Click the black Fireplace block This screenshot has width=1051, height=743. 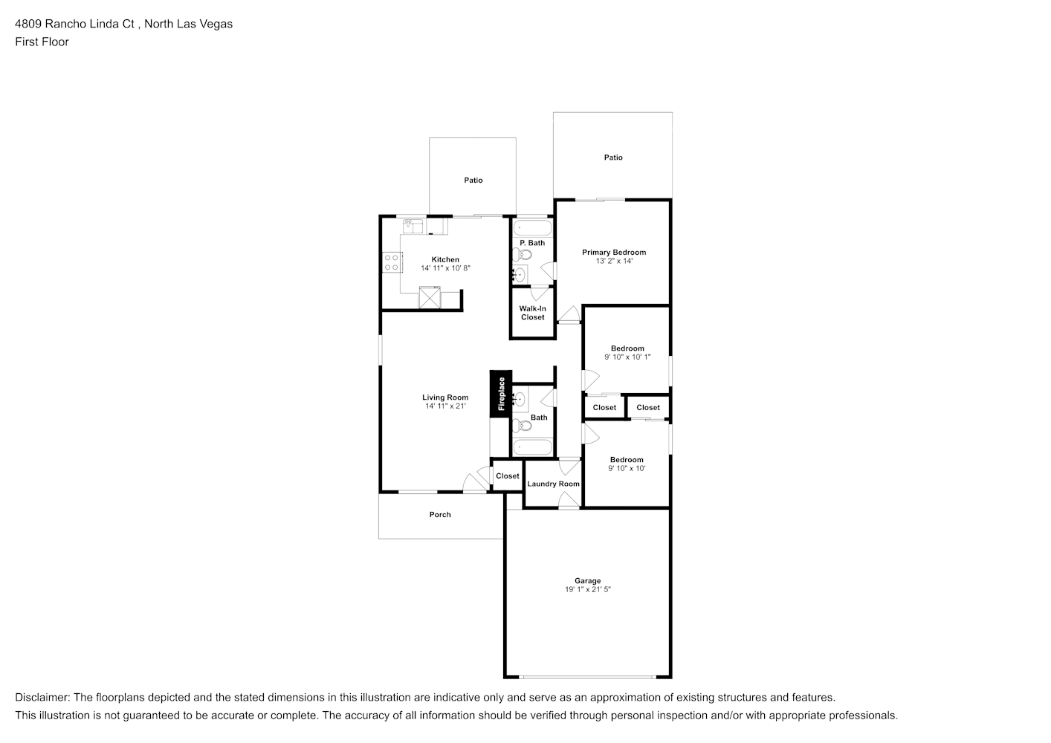pyautogui.click(x=501, y=394)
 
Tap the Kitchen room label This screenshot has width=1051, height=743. pyautogui.click(x=445, y=259)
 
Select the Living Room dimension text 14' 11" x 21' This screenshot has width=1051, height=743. pyautogui.click(x=445, y=406)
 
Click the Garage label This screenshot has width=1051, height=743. pyautogui.click(x=587, y=581)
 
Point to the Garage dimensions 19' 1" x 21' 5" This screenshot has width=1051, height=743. pyautogui.click(x=587, y=590)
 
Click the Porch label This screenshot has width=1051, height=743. pyautogui.click(x=440, y=515)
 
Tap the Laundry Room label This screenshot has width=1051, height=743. pyautogui.click(x=553, y=484)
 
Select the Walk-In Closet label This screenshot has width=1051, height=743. pyautogui.click(x=532, y=313)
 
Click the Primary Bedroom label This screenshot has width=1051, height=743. pyautogui.click(x=614, y=253)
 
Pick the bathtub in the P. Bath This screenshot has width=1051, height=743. pyautogui.click(x=532, y=228)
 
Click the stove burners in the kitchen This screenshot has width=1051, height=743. pyautogui.click(x=392, y=263)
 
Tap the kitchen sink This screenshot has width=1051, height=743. pyautogui.click(x=413, y=226)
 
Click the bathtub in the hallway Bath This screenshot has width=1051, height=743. pyautogui.click(x=532, y=447)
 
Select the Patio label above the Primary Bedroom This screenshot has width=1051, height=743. pyautogui.click(x=613, y=158)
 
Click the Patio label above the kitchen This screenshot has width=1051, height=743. pyautogui.click(x=473, y=180)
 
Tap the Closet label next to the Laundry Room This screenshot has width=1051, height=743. pyautogui.click(x=508, y=476)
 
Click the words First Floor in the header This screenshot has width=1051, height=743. pyautogui.click(x=42, y=42)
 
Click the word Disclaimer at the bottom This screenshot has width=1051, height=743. pyautogui.click(x=42, y=698)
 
